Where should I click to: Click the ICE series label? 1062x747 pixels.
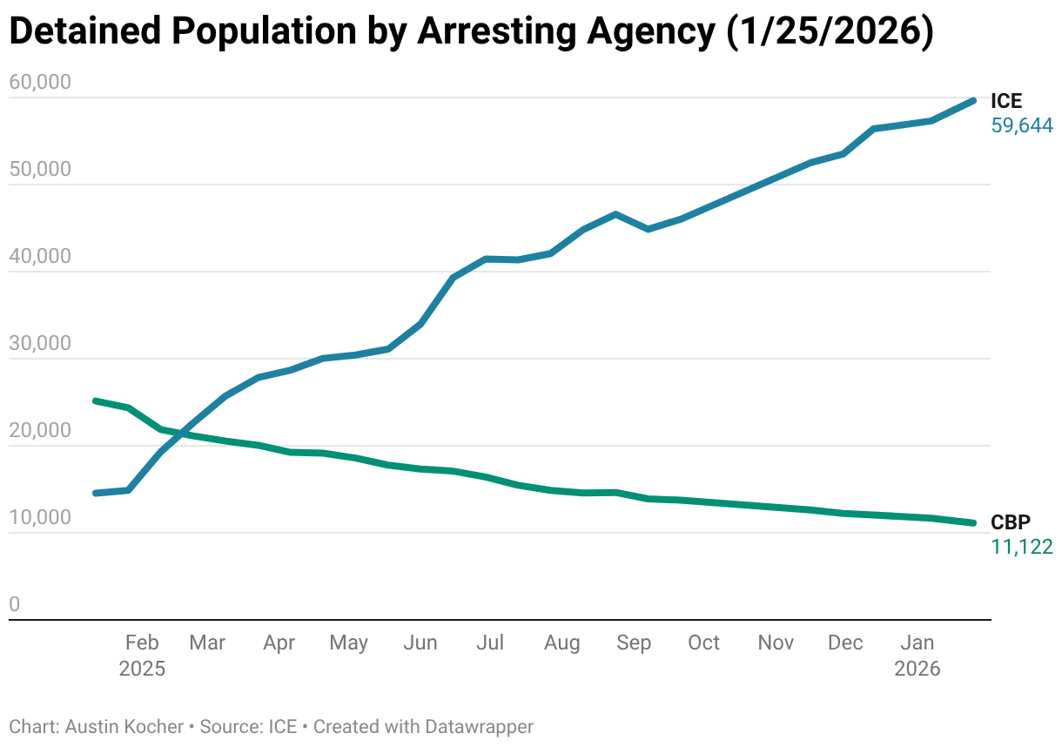pyautogui.click(x=1006, y=102)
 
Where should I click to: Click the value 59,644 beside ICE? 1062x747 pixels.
pyautogui.click(x=1022, y=126)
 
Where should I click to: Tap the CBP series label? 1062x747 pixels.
pyautogui.click(x=1010, y=522)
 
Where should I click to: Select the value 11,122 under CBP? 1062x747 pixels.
pyautogui.click(x=1022, y=547)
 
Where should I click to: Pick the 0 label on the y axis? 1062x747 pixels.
pyautogui.click(x=14, y=605)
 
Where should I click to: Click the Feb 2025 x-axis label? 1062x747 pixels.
pyautogui.click(x=142, y=656)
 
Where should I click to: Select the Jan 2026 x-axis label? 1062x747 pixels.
pyautogui.click(x=917, y=656)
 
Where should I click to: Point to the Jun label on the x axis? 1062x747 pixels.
pyautogui.click(x=420, y=643)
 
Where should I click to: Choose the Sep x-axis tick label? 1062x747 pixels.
pyautogui.click(x=633, y=643)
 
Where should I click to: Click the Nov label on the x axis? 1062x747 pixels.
pyautogui.click(x=776, y=643)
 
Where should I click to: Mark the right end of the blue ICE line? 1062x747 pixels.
pyautogui.click(x=973, y=101)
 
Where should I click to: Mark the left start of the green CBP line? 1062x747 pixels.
pyautogui.click(x=95, y=400)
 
